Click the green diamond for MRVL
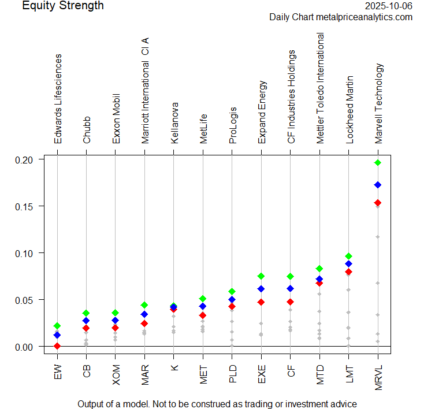378,163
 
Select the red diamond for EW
57,346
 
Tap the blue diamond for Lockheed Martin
348,264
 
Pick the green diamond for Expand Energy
261,276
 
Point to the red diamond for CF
290,302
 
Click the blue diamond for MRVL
378,185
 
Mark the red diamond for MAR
144,324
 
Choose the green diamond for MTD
319,269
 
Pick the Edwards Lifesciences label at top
58,99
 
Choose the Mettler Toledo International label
319,88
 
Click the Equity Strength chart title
63,6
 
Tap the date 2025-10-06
389,6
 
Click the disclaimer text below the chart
217,404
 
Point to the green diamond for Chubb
86,313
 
